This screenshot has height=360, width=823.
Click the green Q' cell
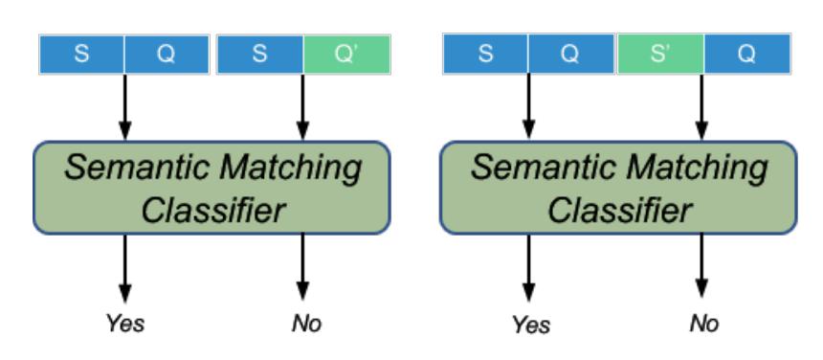tap(347, 54)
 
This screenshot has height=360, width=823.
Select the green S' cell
tap(660, 54)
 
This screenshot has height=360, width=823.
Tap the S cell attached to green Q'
tap(260, 54)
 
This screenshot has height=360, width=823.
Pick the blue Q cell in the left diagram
tap(167, 54)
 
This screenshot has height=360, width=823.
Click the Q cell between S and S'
tap(571, 54)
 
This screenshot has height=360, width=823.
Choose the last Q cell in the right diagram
tap(747, 54)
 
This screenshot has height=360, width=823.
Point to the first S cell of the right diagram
tap(485, 54)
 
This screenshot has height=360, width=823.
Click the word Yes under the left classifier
tap(125, 324)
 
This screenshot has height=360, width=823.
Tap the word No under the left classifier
tap(306, 324)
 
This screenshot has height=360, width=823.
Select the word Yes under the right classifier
tap(531, 325)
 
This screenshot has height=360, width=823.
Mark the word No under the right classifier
tap(703, 324)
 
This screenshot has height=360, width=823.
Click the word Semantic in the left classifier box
tap(137, 168)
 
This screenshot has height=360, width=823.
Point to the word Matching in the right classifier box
tap(697, 168)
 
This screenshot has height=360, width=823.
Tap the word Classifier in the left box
tap(212, 210)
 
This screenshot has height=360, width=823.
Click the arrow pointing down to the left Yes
tap(125, 268)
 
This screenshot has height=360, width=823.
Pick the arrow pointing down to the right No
tap(701, 266)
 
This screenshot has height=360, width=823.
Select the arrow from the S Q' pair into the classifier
tap(302, 107)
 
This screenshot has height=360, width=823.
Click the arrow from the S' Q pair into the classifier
tap(701, 107)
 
